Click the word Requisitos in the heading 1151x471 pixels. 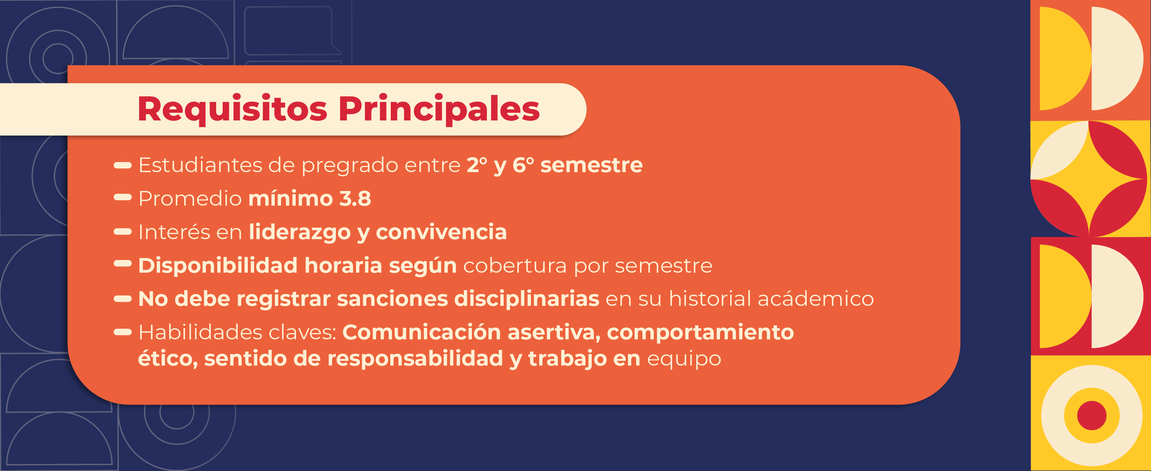(232, 109)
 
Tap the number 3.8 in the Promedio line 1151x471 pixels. (355, 199)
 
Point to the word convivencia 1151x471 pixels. (441, 232)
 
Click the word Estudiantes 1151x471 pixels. (201, 165)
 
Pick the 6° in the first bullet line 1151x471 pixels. (523, 165)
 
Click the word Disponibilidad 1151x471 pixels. (218, 266)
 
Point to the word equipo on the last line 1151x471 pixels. (684, 359)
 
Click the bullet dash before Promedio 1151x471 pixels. (122, 197)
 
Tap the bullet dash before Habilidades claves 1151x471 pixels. (122, 332)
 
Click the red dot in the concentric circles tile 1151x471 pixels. (1092, 415)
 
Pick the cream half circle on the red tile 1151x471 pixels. (1115, 296)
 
